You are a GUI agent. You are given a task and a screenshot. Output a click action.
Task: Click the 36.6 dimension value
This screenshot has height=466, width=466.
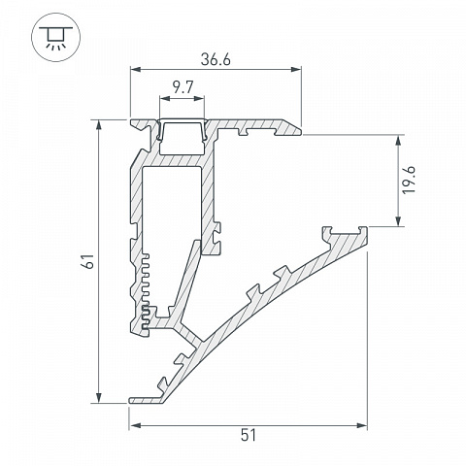(216, 60)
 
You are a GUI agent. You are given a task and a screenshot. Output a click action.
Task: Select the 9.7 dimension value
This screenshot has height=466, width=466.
(183, 87)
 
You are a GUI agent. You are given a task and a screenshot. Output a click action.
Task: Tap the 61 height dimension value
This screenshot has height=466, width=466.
(88, 261)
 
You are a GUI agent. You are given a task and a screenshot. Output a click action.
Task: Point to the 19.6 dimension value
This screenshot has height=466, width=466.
(409, 181)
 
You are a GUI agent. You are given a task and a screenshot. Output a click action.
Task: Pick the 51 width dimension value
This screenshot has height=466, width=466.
(249, 435)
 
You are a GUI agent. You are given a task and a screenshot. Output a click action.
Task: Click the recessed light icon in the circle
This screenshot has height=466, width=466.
(55, 37)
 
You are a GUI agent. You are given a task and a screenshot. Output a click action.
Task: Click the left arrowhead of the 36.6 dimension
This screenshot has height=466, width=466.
(135, 69)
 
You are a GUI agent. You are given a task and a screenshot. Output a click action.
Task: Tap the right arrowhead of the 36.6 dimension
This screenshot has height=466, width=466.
(296, 69)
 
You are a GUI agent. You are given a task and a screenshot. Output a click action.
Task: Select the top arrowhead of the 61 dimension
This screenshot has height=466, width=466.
(99, 125)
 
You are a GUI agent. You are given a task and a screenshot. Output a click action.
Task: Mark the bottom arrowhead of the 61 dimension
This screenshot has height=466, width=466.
(99, 398)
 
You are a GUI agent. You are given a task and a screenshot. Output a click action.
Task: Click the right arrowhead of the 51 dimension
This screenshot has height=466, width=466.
(362, 425)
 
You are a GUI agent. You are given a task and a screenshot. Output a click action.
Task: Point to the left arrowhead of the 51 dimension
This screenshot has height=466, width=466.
(135, 425)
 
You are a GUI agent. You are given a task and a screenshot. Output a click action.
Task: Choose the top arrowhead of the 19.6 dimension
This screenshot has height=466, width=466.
(398, 141)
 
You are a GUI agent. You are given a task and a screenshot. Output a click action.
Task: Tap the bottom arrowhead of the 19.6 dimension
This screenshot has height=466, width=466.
(398, 220)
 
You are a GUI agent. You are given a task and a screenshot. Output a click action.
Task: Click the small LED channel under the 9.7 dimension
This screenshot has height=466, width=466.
(183, 132)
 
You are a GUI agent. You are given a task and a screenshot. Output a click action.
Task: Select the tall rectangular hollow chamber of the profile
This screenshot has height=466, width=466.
(172, 207)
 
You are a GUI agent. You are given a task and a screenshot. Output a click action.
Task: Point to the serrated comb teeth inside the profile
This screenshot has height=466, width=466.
(146, 294)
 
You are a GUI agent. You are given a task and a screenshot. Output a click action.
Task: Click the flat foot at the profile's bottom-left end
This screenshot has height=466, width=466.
(147, 400)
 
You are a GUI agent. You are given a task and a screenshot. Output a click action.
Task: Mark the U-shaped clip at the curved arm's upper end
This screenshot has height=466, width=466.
(345, 232)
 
